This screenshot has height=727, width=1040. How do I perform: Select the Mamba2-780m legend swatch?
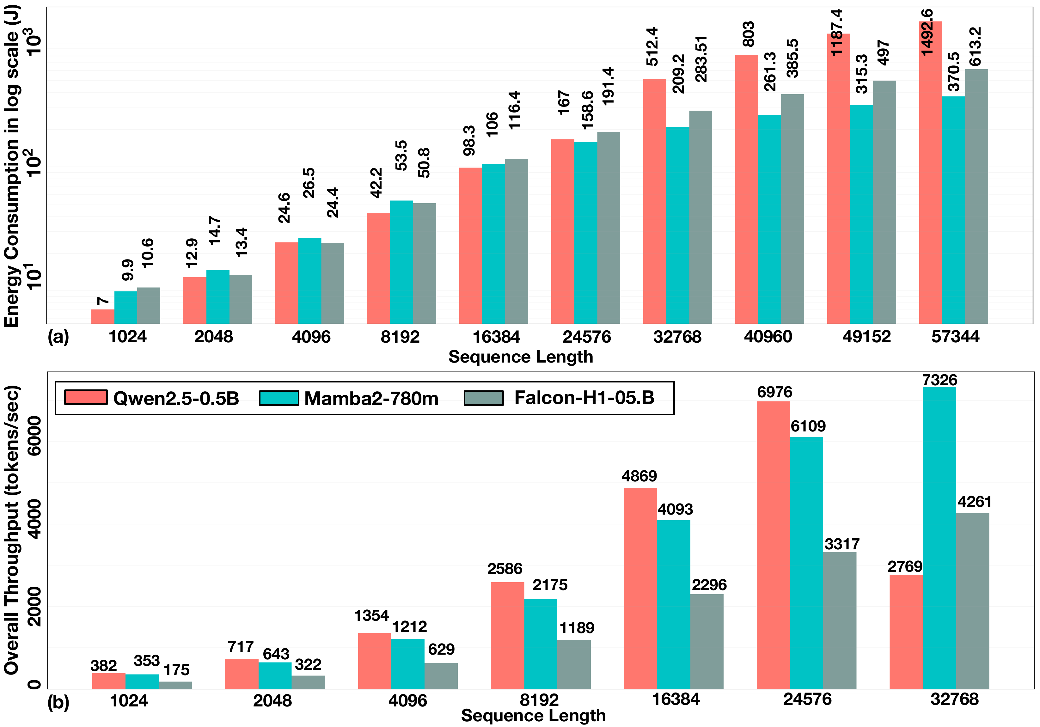[279, 398]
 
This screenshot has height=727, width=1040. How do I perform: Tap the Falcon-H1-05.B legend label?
[584, 398]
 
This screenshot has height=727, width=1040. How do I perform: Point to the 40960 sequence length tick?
[768, 337]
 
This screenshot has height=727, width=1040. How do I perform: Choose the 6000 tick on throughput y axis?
[34, 436]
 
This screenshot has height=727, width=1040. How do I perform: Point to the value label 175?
[176, 669]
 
